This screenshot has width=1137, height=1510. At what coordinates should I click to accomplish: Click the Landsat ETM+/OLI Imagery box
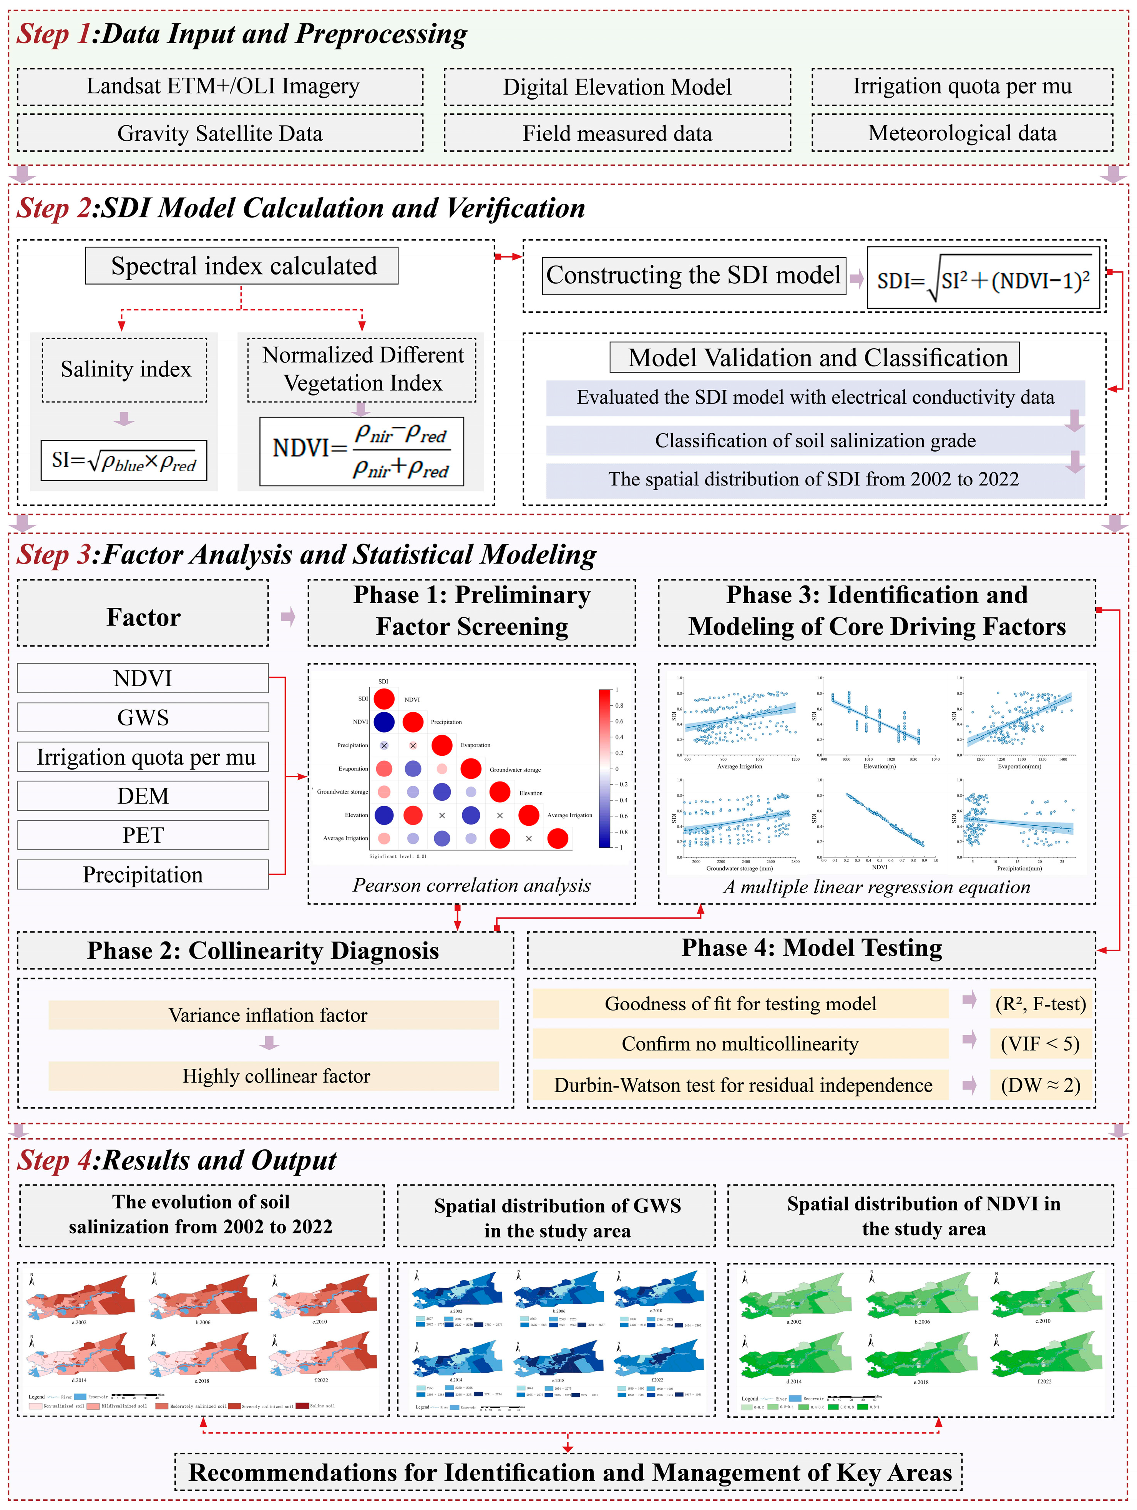tap(220, 87)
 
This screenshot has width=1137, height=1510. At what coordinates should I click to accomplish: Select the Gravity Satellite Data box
tap(220, 133)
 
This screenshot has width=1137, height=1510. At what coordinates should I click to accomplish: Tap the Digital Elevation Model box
tap(617, 87)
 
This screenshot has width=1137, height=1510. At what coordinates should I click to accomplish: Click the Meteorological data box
tap(962, 133)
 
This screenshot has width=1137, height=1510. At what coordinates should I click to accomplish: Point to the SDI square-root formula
tap(983, 279)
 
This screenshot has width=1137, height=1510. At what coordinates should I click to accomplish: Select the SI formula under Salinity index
tap(123, 461)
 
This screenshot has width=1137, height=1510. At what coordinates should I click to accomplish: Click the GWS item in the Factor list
tap(143, 717)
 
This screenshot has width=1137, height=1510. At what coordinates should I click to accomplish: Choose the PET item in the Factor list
tap(143, 835)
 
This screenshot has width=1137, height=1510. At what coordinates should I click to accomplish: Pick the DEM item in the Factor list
tap(143, 796)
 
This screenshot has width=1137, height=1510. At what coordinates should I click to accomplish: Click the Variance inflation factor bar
tap(273, 1015)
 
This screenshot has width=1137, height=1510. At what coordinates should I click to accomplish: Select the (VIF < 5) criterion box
tap(1040, 1044)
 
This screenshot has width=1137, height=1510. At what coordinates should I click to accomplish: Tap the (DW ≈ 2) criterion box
tap(1040, 1085)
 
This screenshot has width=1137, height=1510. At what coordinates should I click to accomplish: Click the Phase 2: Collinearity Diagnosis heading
tap(264, 950)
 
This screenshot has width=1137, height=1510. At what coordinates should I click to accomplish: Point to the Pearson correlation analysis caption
tap(471, 885)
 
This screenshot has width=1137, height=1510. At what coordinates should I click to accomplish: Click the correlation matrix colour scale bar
tap(604, 768)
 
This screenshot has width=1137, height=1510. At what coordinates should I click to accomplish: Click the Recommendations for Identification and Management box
tap(569, 1472)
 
